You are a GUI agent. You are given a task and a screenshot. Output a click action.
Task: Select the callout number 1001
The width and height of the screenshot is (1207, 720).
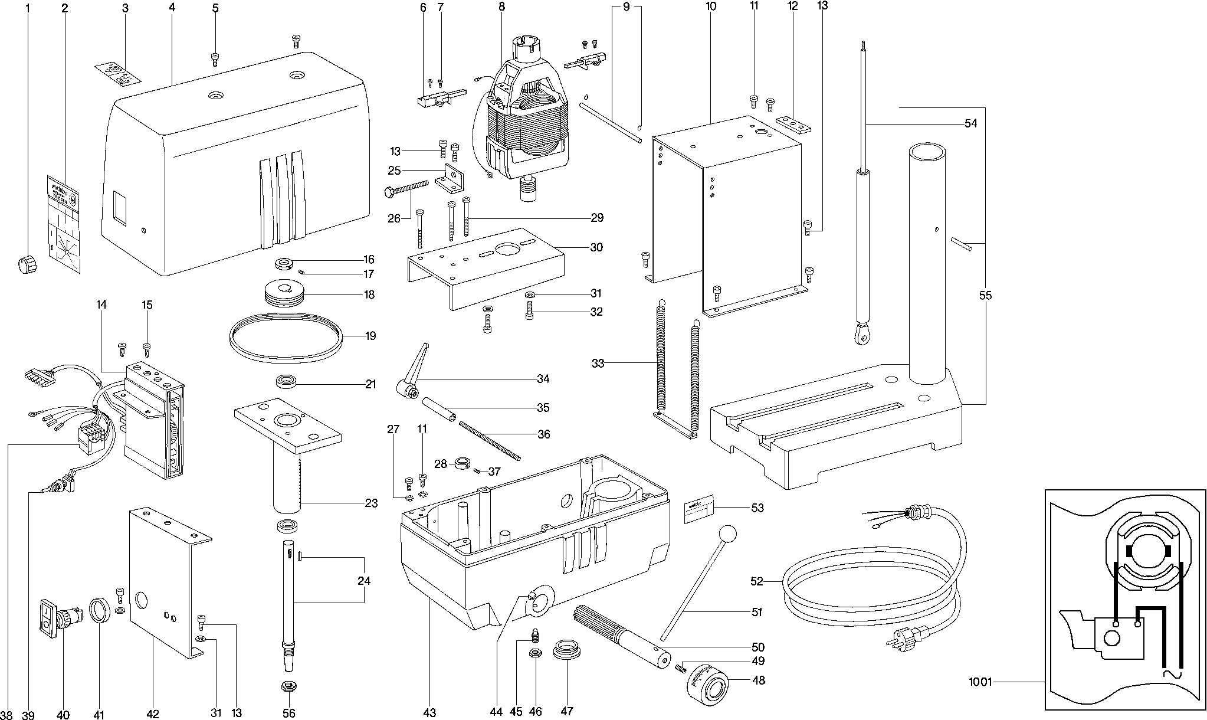click(x=980, y=682)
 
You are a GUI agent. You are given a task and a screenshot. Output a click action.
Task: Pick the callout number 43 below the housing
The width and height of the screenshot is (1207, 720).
click(x=429, y=713)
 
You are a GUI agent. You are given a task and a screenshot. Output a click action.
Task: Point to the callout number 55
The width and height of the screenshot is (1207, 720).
click(x=985, y=296)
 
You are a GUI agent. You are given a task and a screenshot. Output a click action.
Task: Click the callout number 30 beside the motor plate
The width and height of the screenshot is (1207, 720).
click(x=596, y=247)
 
